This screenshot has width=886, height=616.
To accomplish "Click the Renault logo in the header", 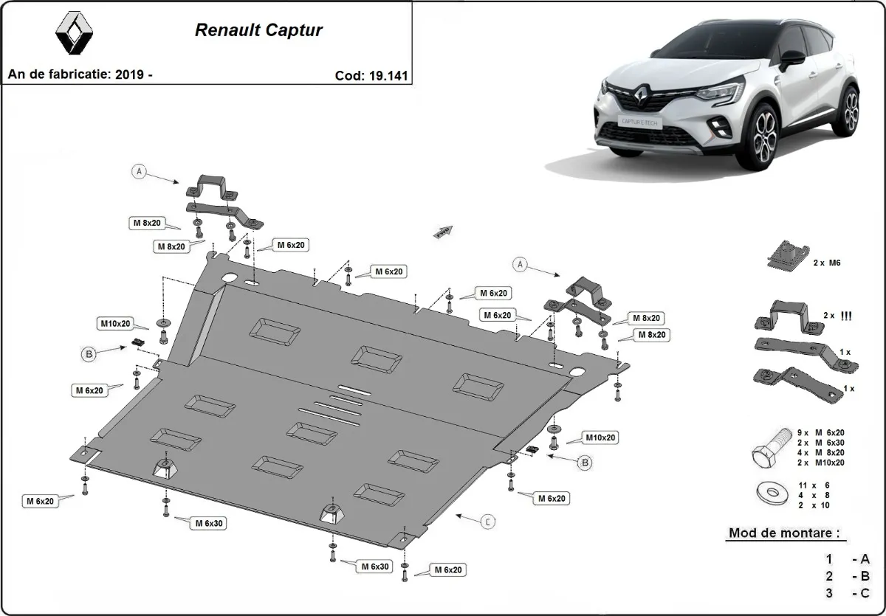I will coord(75,34).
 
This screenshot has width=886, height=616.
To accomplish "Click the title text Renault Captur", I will coord(258,31).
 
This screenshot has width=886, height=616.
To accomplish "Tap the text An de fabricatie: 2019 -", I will coord(80,75).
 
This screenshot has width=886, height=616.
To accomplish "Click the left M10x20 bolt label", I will coord(115,323).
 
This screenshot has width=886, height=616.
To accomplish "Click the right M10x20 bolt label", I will coord(600,437).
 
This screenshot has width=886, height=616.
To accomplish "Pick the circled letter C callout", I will coord(488,522).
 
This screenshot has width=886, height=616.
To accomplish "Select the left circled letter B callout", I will coord(89,355).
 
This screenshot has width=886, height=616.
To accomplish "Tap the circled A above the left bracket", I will coord(138,172).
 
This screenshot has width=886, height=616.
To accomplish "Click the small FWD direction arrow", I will coord(443,232).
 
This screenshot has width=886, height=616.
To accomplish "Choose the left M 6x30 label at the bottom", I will coord(210,523).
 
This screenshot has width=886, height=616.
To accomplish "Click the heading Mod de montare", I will coord(783,533).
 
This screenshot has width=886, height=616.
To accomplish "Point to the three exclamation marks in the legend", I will coord(847,316).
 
